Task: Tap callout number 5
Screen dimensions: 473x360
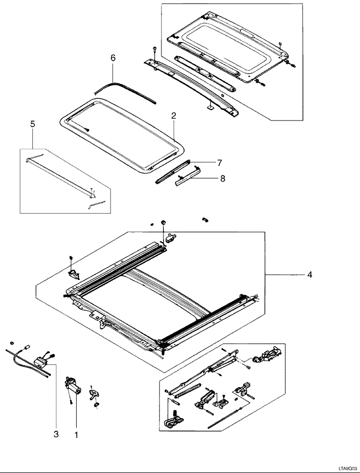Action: (x=32, y=124)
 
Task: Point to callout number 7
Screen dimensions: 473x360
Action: (x=219, y=163)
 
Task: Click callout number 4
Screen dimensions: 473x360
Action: (x=310, y=275)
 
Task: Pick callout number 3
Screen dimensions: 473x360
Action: (x=56, y=434)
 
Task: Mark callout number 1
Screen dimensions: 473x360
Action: (x=76, y=434)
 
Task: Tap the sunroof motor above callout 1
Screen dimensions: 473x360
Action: (x=74, y=385)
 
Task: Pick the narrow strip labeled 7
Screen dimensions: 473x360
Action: (x=172, y=171)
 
